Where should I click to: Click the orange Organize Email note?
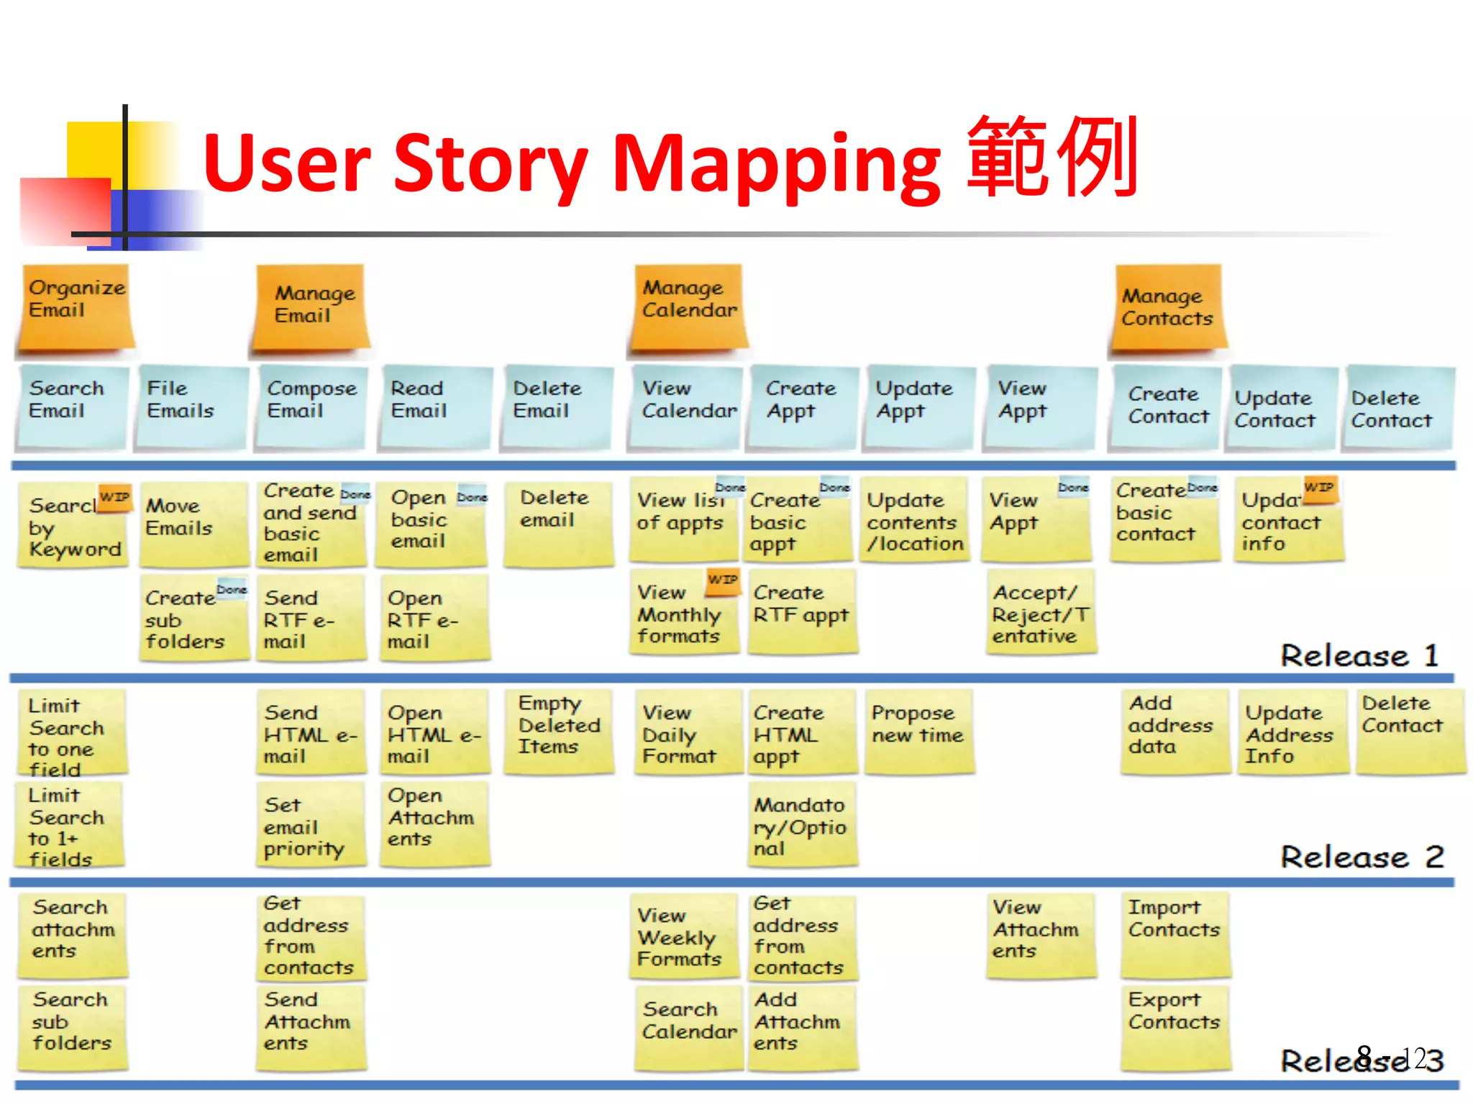click(x=76, y=308)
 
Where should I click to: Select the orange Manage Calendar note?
click(x=688, y=308)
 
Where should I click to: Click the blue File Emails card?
click(x=190, y=406)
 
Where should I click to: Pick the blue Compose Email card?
click(x=311, y=406)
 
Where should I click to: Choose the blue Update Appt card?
click(x=917, y=406)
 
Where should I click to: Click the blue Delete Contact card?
click(x=1397, y=408)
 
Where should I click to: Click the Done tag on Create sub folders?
click(x=232, y=590)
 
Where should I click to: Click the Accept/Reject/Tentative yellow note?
click(x=1040, y=614)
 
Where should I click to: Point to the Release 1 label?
click(x=1359, y=655)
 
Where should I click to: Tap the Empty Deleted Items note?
click(x=559, y=730)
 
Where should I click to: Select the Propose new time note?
click(x=918, y=730)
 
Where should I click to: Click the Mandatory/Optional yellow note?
click(x=801, y=825)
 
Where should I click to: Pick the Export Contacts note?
click(x=1174, y=1025)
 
